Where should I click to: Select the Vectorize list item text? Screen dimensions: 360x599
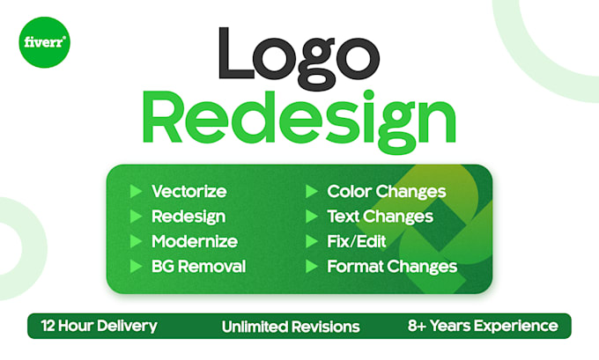(x=189, y=192)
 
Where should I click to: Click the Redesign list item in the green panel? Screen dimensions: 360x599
(x=189, y=217)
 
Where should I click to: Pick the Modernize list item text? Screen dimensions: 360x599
(x=195, y=241)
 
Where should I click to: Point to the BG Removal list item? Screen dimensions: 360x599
(x=198, y=266)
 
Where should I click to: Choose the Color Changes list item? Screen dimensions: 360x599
(x=386, y=192)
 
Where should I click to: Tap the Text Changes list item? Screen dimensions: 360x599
(x=380, y=217)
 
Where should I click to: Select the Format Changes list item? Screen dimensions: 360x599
(x=392, y=266)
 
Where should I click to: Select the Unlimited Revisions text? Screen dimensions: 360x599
(x=291, y=327)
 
